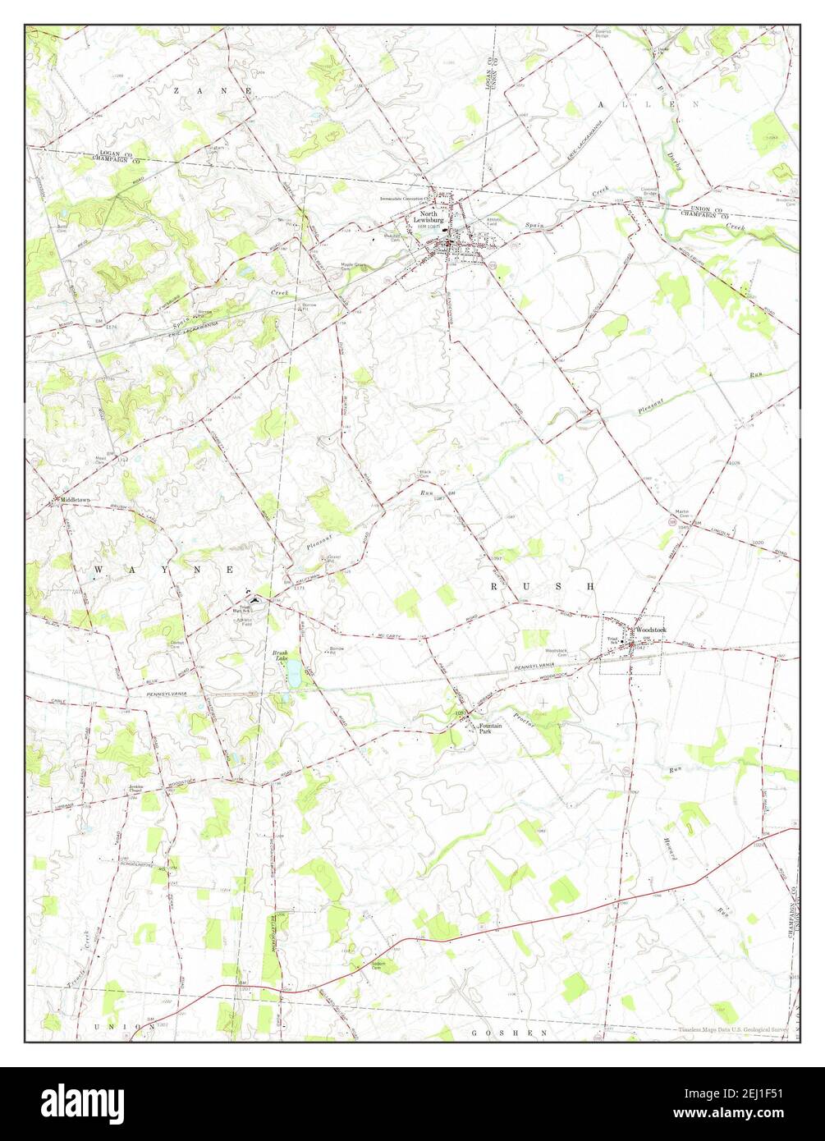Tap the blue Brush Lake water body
[x=291, y=676]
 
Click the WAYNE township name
[x=164, y=568]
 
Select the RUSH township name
[x=542, y=586]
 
